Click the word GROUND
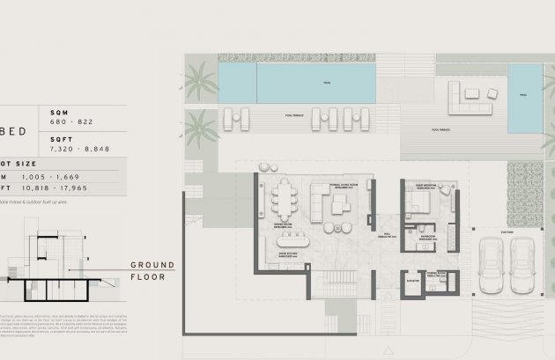152,265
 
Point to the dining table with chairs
287,202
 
